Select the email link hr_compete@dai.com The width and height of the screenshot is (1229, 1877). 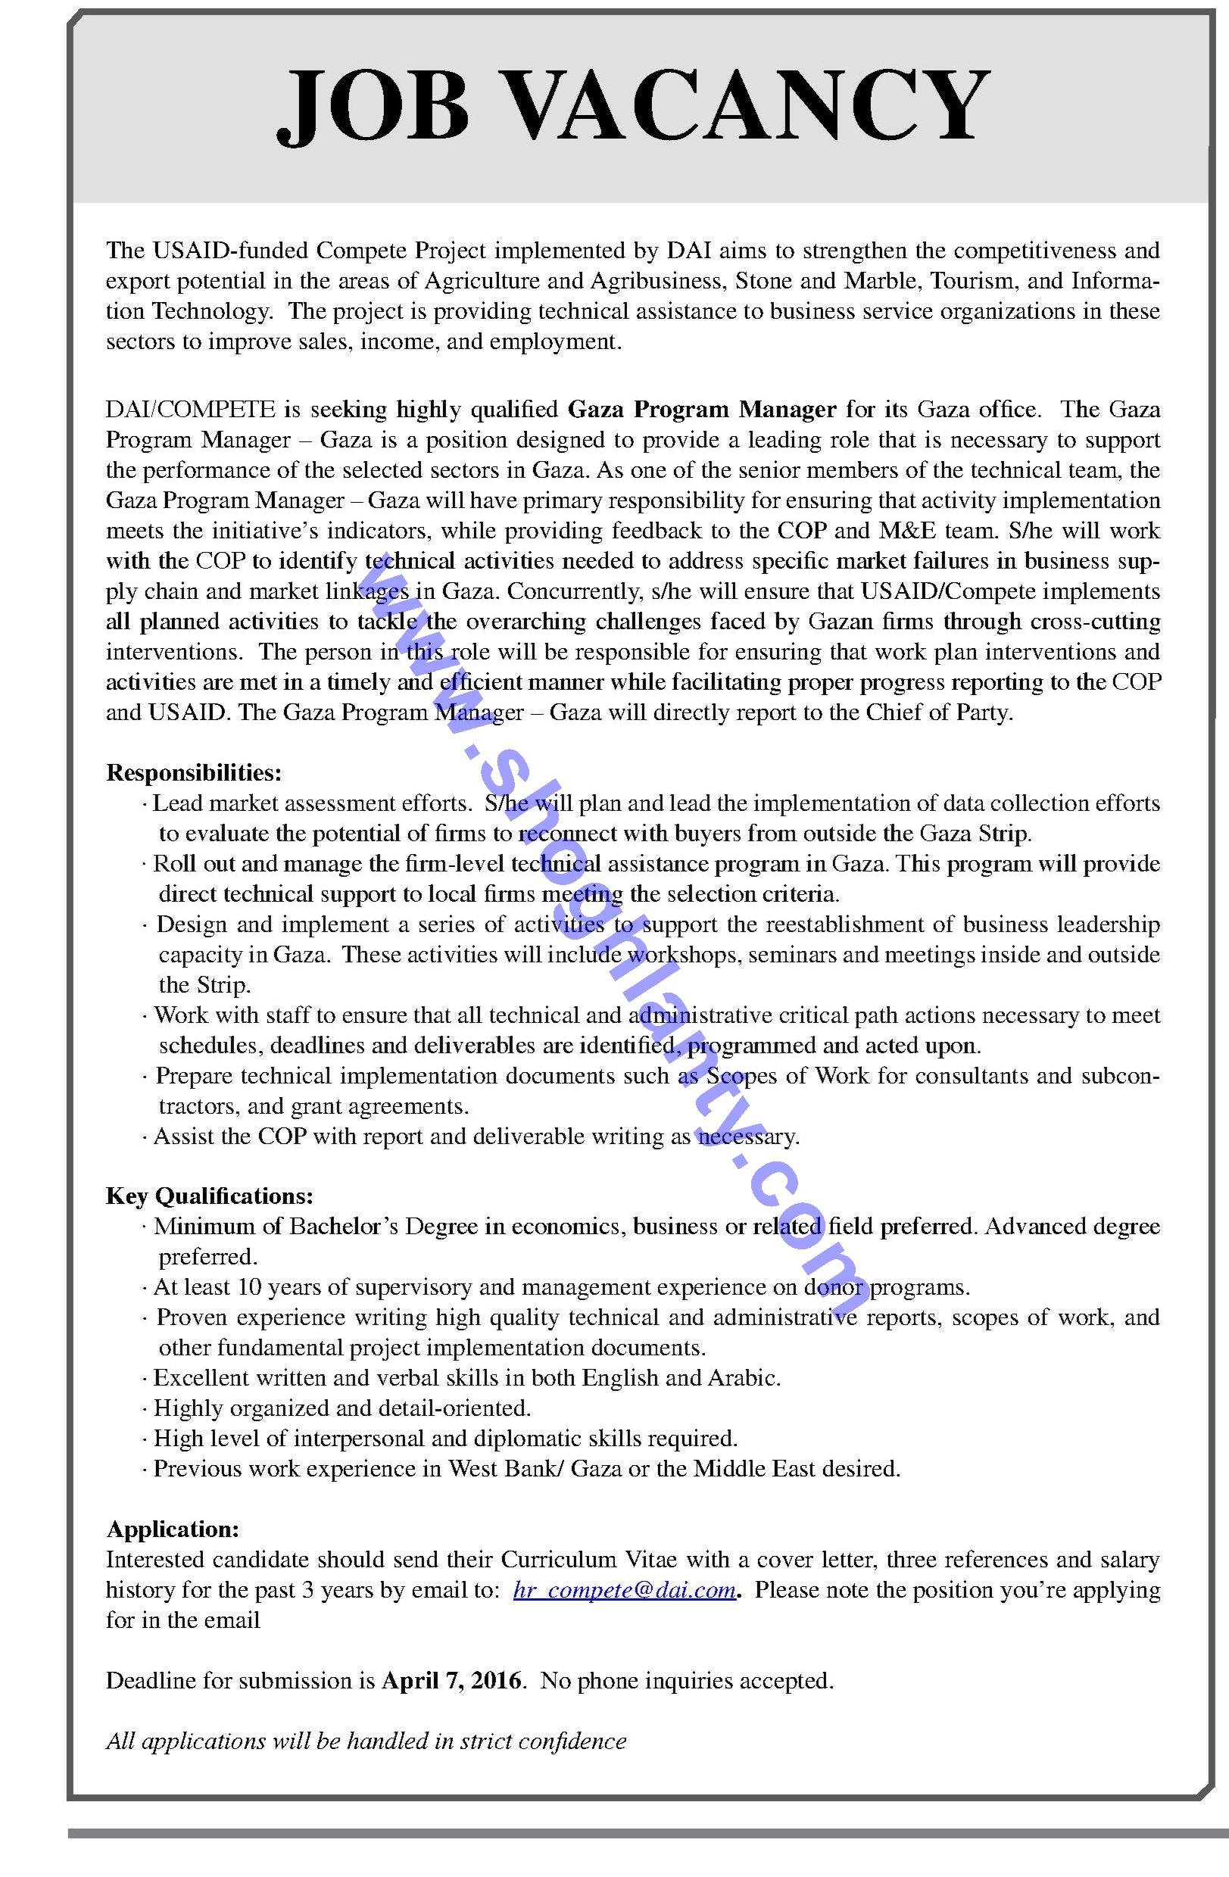tap(625, 1589)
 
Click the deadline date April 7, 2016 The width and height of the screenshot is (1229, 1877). tap(451, 1680)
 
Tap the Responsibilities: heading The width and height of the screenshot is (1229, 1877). tap(194, 772)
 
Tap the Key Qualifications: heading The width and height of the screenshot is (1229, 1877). tap(210, 1196)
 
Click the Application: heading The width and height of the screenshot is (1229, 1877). tap(173, 1529)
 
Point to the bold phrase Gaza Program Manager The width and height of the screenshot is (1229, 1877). tap(702, 410)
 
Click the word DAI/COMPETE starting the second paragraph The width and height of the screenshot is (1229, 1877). tap(191, 410)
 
